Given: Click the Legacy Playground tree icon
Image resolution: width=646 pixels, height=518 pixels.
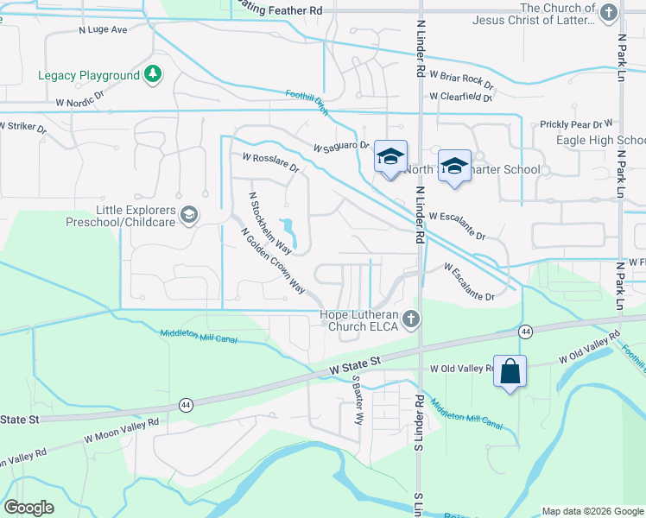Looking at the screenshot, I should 153,74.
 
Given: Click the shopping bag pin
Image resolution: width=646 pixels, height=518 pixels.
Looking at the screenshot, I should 510,371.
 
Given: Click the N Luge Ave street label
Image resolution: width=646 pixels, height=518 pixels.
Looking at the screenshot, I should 103,29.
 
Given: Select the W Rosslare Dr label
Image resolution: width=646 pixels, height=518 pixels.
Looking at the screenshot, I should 270,162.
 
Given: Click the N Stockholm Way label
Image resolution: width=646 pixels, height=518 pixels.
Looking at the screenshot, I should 269,223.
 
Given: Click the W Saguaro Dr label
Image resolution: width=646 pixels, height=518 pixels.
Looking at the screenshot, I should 340,146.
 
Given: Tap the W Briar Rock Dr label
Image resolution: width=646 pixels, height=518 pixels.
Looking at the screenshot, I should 465,80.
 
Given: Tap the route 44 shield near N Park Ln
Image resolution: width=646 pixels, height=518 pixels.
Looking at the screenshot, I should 524,332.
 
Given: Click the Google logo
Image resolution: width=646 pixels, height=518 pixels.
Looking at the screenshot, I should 28,508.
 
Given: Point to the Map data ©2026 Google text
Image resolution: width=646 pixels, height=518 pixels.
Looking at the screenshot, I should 592,510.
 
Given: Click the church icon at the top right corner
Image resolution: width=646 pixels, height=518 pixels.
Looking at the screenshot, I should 609,11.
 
